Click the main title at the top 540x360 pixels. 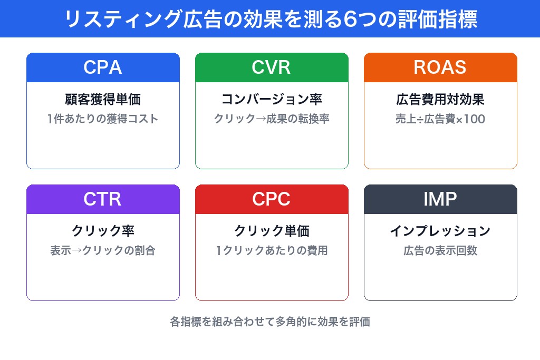(270, 19)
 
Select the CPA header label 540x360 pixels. (103, 67)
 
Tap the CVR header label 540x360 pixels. (272, 67)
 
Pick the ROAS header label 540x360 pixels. (440, 67)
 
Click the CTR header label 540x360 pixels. (103, 199)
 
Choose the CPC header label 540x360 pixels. (272, 199)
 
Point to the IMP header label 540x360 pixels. (440, 199)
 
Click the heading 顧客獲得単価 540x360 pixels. (103, 99)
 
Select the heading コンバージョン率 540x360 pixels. (272, 99)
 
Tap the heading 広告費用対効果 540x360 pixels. (440, 99)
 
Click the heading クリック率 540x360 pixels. (103, 231)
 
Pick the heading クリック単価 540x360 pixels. (272, 231)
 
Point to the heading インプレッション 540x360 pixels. (440, 231)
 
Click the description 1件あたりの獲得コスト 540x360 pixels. (103, 119)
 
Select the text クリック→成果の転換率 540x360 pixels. (272, 119)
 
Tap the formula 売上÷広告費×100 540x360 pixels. (440, 119)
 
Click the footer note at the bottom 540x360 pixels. (270, 322)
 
